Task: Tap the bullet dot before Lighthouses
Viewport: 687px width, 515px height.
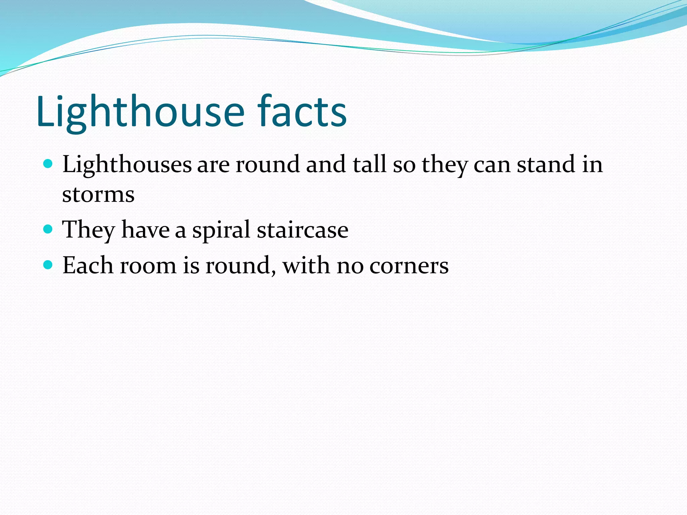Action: pyautogui.click(x=48, y=164)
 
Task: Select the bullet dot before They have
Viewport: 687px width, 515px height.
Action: pyautogui.click(x=48, y=229)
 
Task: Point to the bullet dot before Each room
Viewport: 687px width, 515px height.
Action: pyautogui.click(x=48, y=265)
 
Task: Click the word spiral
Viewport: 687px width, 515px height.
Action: pyautogui.click(x=221, y=230)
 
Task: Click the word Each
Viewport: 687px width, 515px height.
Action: pyautogui.click(x=88, y=265)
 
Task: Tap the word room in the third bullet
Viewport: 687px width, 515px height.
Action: pyautogui.click(x=148, y=266)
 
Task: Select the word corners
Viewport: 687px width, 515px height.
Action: pyautogui.click(x=409, y=266)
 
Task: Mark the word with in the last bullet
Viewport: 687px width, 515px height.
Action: pyautogui.click(x=306, y=265)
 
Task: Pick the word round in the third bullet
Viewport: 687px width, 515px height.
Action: pyautogui.click(x=241, y=266)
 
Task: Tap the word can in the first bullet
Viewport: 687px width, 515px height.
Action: pyautogui.click(x=492, y=165)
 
